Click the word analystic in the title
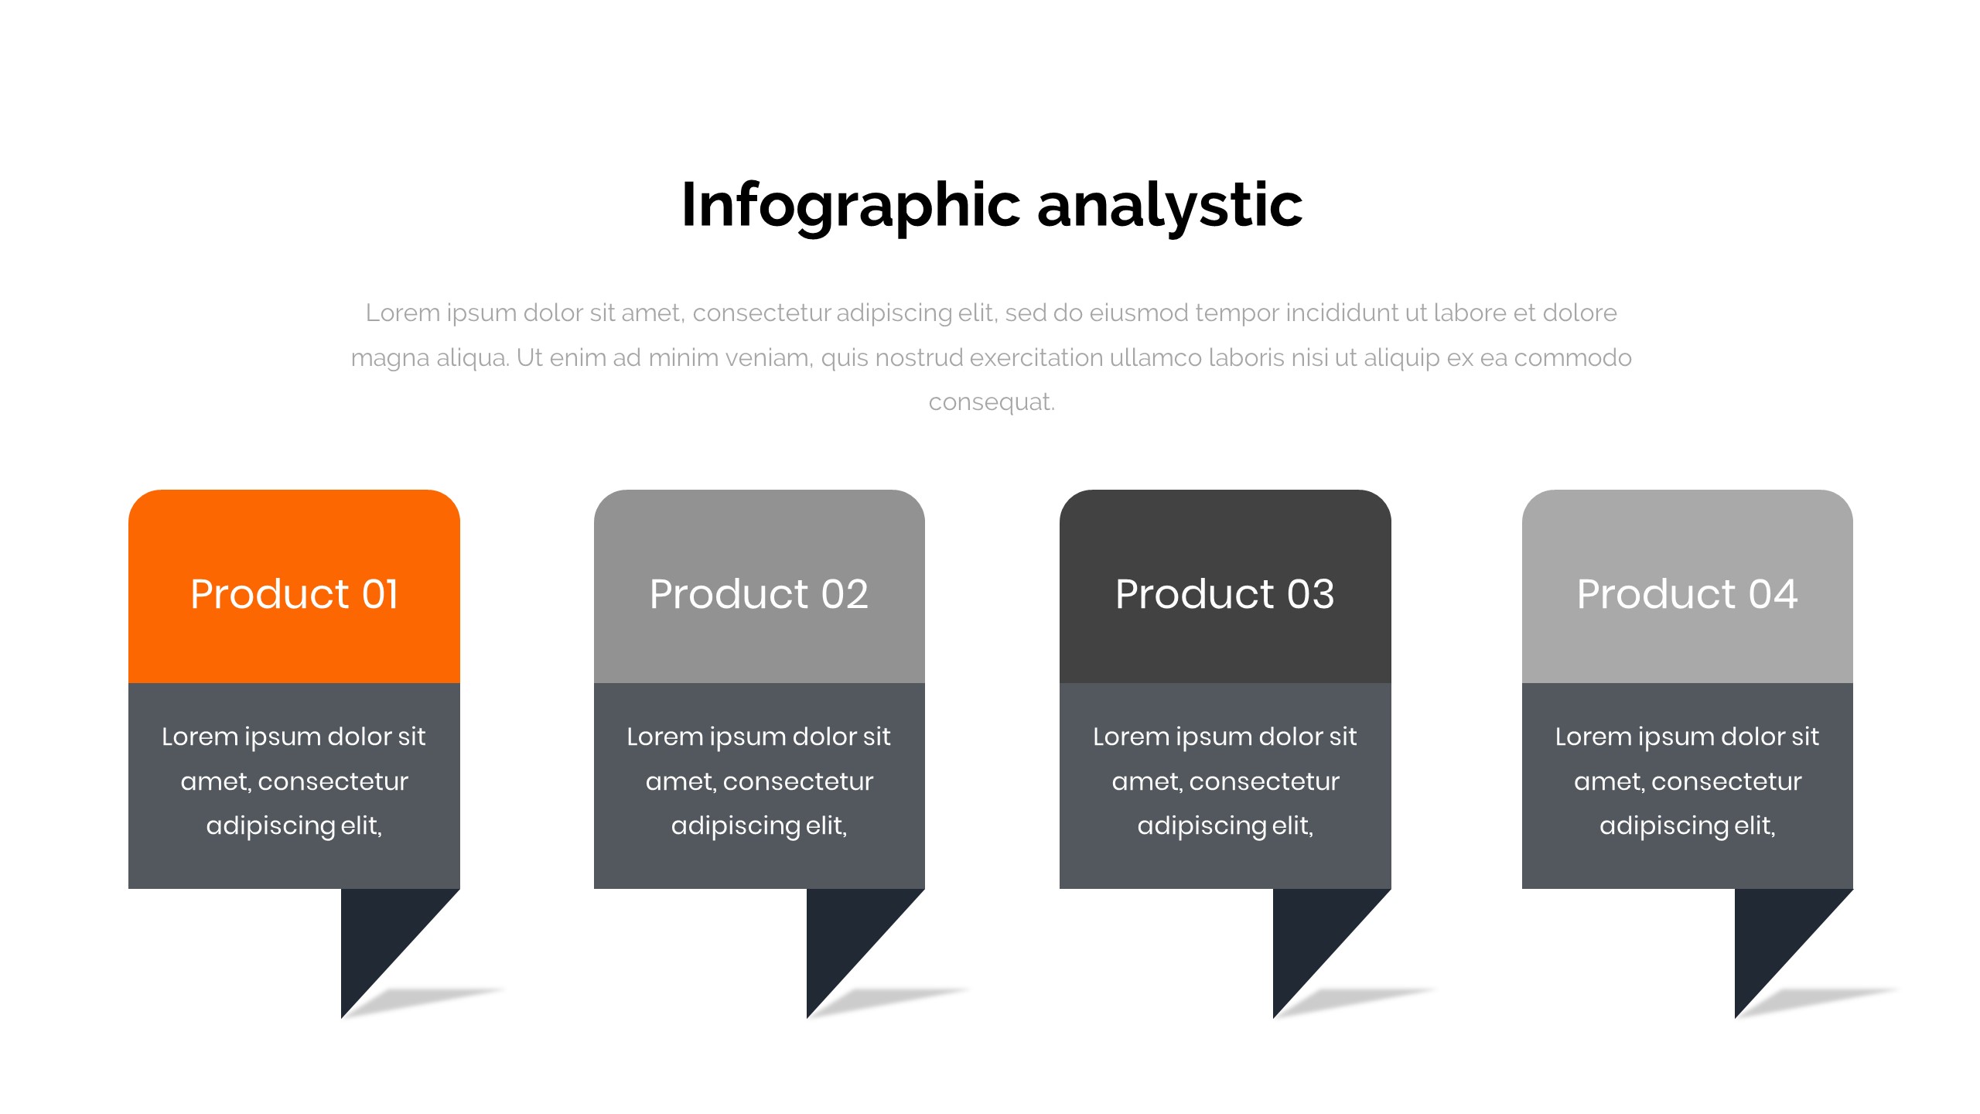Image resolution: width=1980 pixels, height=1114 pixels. click(x=1169, y=206)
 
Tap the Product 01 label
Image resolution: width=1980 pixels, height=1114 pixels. click(x=294, y=594)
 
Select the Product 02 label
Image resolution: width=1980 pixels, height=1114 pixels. click(x=759, y=594)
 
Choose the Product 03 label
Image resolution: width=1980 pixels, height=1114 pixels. click(x=1225, y=594)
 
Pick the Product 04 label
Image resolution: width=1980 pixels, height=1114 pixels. click(x=1687, y=594)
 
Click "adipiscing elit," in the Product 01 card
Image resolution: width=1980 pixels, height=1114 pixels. click(x=294, y=826)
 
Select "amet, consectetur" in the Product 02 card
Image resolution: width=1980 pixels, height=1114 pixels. click(x=760, y=781)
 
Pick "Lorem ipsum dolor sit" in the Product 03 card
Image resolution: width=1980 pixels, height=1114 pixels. click(x=1225, y=736)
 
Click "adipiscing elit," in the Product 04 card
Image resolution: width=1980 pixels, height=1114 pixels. click(x=1687, y=826)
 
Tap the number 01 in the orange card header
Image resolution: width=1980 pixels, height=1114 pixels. click(x=380, y=594)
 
